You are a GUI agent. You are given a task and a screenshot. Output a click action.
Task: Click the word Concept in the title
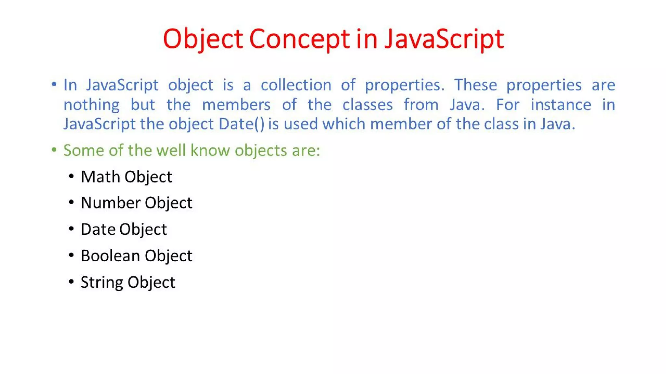(299, 39)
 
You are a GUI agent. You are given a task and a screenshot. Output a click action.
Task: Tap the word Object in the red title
(203, 39)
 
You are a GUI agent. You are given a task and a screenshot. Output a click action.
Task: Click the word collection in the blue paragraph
(296, 85)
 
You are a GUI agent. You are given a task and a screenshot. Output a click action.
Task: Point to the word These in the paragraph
(475, 85)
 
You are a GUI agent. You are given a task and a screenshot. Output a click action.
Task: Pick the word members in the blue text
(236, 105)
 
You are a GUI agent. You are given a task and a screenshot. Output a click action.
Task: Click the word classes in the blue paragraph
(367, 105)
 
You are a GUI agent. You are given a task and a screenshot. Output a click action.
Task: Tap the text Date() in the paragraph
(242, 124)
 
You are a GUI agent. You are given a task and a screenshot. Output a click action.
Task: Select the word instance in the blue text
(561, 105)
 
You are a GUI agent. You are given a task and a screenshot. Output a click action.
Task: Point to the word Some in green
(84, 150)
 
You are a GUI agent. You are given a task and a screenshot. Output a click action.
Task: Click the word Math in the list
(100, 177)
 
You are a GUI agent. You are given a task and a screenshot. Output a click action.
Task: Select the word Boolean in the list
(111, 256)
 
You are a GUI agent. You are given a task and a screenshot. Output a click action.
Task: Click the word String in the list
(102, 282)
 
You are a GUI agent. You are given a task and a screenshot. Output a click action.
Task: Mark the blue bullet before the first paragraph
(54, 85)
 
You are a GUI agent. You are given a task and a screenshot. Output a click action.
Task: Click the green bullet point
(54, 150)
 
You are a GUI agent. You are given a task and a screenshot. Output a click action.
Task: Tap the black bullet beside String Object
(71, 281)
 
